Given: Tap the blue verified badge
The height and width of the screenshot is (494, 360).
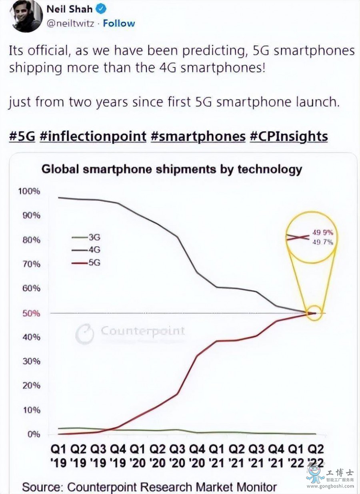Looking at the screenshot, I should click(x=102, y=8).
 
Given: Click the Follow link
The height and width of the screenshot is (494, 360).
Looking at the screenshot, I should click(x=119, y=23).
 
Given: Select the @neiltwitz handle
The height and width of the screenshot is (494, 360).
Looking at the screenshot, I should click(x=71, y=23).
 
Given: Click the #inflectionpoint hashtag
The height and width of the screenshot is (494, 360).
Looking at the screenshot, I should click(x=93, y=136).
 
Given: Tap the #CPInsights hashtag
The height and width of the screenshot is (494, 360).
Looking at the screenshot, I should click(x=289, y=136).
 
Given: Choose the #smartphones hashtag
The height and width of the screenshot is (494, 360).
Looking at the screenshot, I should click(x=198, y=136).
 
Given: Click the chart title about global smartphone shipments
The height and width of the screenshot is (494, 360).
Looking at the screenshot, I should click(x=172, y=169).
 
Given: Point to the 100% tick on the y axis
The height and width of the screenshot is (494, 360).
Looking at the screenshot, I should click(x=29, y=191).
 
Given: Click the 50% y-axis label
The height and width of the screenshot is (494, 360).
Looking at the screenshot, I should click(x=30, y=313).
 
